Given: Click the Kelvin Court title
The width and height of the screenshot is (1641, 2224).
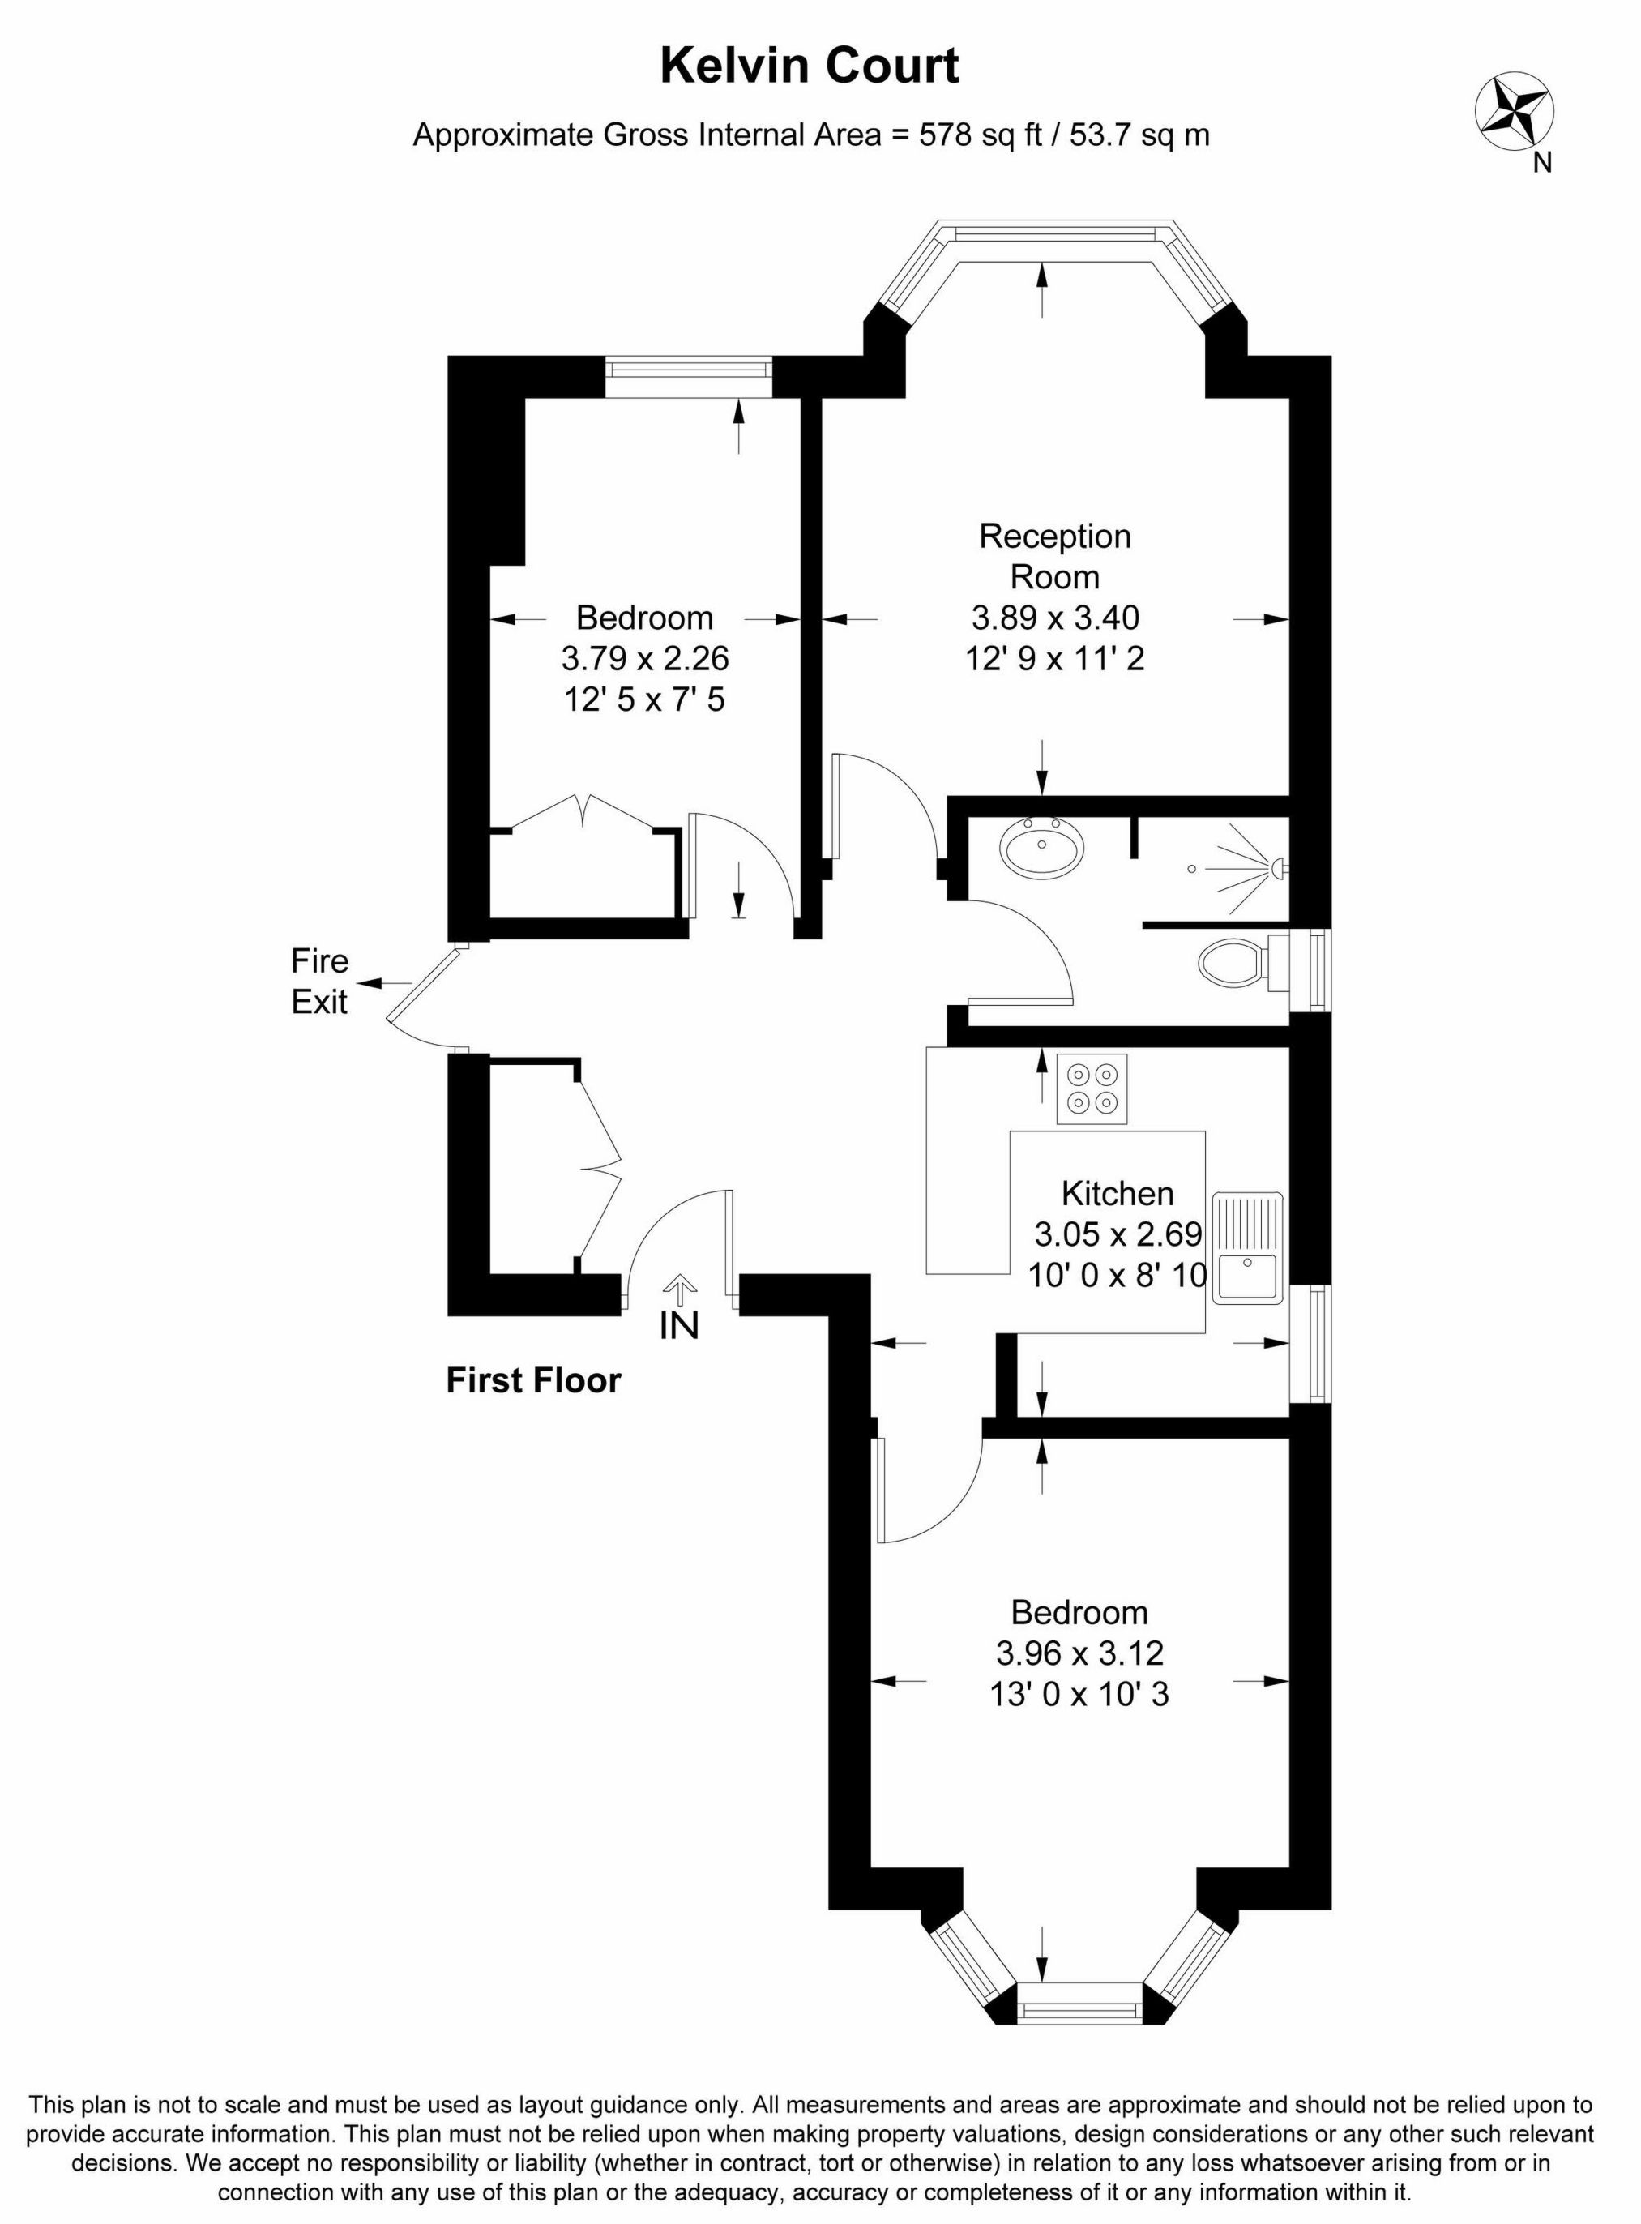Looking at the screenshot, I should point(810,66).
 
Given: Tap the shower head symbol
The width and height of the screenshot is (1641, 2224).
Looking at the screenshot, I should point(1276,868).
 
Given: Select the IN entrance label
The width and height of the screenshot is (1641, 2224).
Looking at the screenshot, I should point(679,1325).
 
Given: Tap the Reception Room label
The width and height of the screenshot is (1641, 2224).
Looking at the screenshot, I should point(1055,556).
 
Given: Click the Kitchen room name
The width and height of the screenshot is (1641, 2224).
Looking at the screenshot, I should point(1117,1192).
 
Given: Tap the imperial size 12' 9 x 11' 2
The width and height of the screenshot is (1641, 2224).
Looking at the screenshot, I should point(1055,659).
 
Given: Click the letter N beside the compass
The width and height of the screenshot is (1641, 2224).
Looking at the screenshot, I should point(1541,163).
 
